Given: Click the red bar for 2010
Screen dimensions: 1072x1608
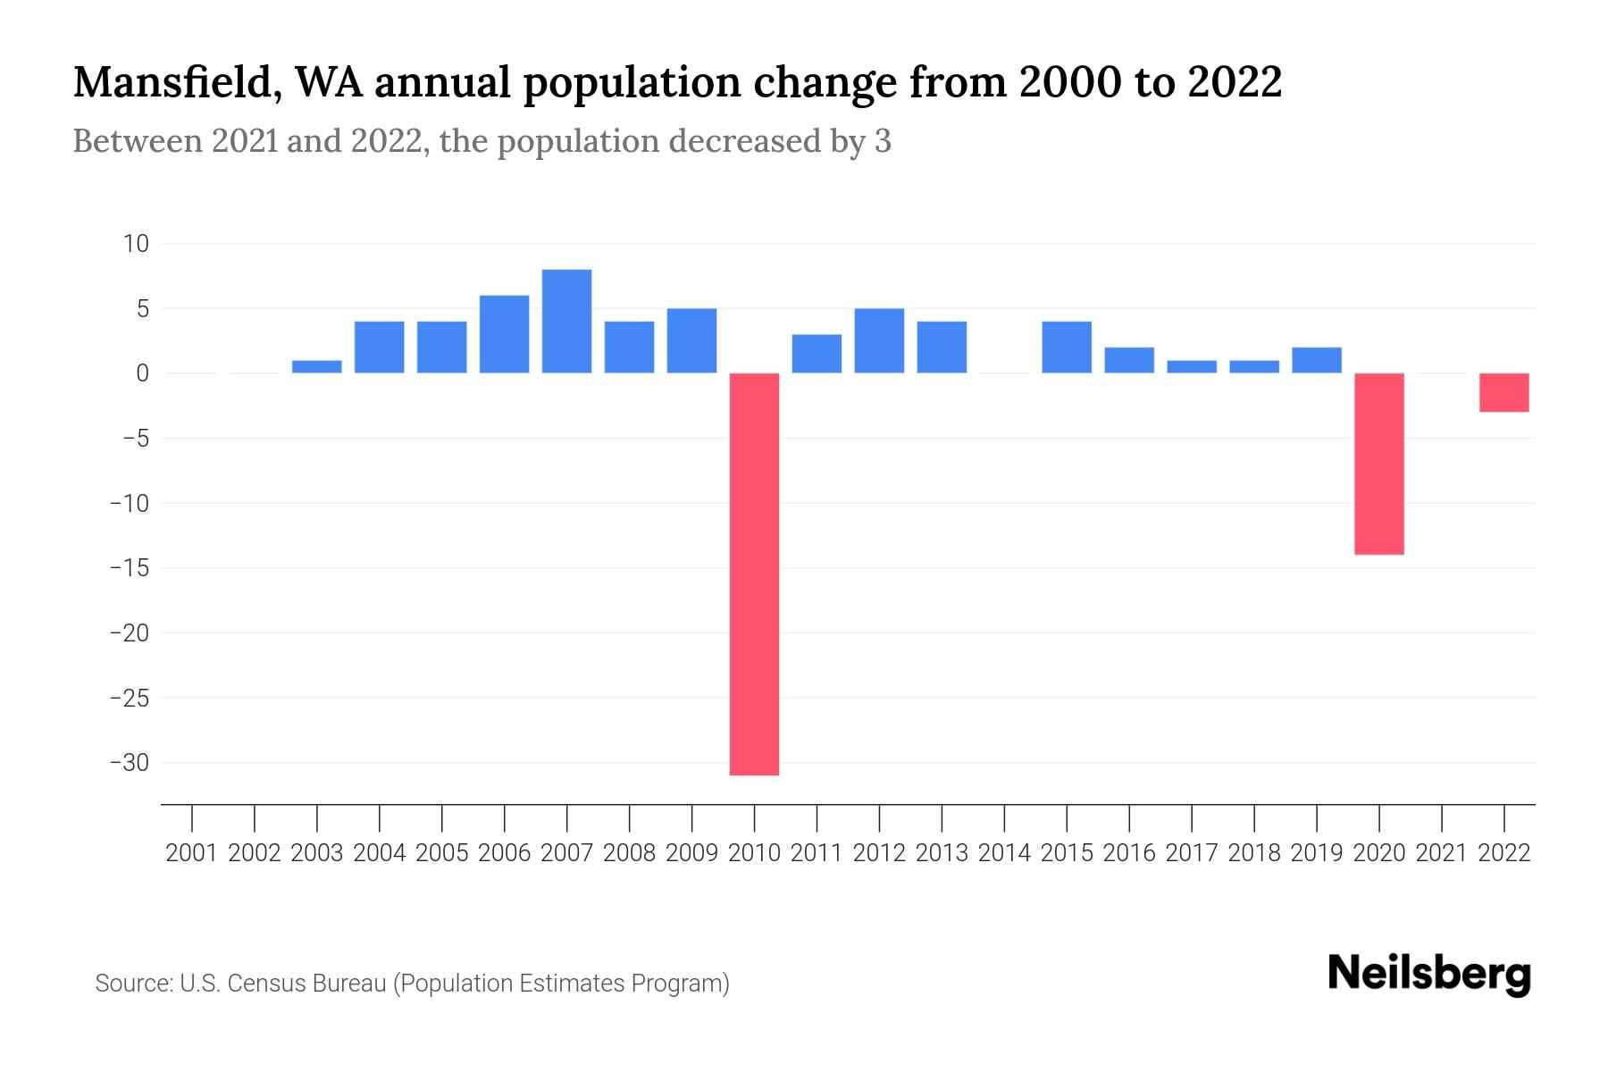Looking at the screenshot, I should pyautogui.click(x=754, y=574).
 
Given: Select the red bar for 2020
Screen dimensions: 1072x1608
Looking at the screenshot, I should pyautogui.click(x=1379, y=464).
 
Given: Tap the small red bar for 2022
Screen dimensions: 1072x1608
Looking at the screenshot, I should pyautogui.click(x=1504, y=392).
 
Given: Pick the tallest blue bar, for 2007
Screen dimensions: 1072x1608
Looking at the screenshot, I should pyautogui.click(x=567, y=321).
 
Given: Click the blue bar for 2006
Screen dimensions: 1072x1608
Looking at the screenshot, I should pyautogui.click(x=505, y=334).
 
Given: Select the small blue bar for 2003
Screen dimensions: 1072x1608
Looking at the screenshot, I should pyautogui.click(x=317, y=366).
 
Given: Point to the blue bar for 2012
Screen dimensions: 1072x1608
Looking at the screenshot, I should pyautogui.click(x=879, y=340).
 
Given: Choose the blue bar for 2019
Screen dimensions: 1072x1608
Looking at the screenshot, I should pyautogui.click(x=1317, y=360).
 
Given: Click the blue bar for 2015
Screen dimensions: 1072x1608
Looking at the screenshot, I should pyautogui.click(x=1067, y=347).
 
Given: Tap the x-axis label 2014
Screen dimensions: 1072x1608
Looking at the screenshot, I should pyautogui.click(x=1004, y=853).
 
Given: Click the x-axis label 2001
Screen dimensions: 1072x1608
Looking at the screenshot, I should pyautogui.click(x=192, y=853).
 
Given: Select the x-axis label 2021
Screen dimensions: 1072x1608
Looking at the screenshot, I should pyautogui.click(x=1442, y=853).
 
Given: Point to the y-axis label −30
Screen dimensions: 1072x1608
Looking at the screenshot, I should pyautogui.click(x=130, y=763).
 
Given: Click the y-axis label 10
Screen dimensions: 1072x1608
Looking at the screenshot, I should pyautogui.click(x=137, y=244).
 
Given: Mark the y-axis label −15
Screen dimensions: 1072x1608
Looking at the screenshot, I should pyautogui.click(x=130, y=568).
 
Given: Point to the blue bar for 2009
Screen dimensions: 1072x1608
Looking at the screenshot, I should pyautogui.click(x=691, y=340).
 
